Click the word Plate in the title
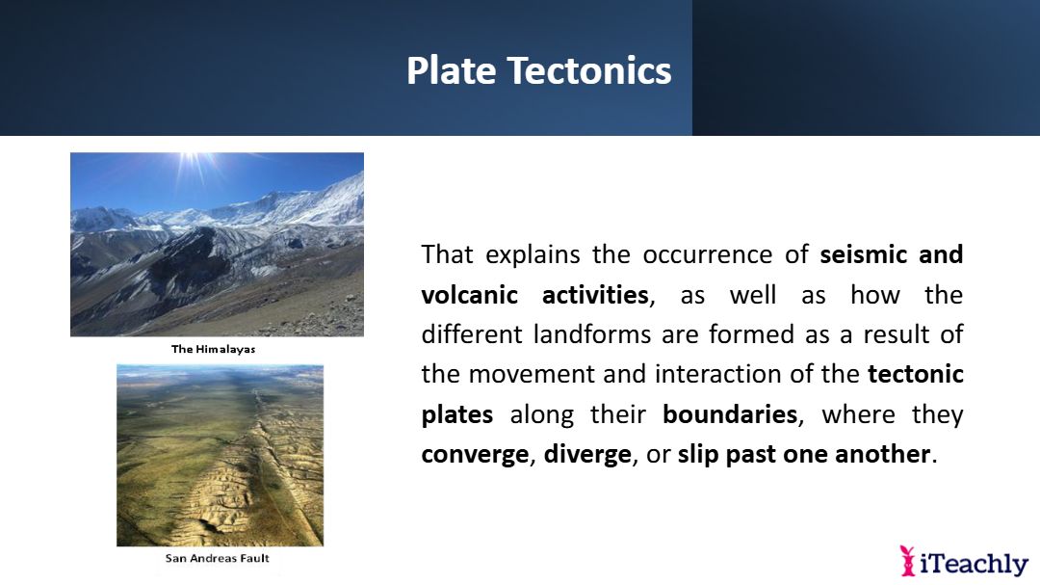[451, 71]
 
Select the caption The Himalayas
[213, 349]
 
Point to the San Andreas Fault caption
[217, 558]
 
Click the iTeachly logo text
[974, 564]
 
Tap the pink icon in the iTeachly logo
[907, 561]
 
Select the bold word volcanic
[470, 295]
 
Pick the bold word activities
[595, 295]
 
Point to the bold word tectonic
[916, 374]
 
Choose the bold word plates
[457, 415]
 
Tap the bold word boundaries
[730, 414]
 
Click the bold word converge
[475, 455]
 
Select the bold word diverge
[587, 455]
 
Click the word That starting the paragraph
[447, 254]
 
